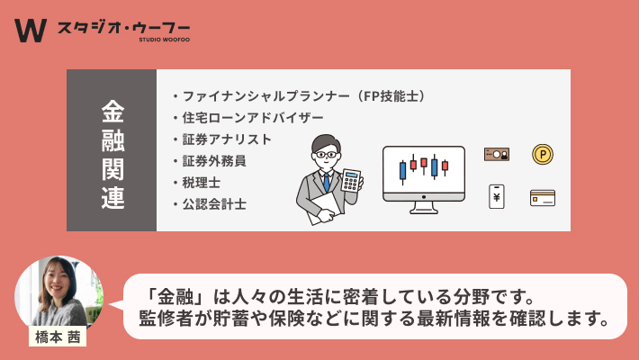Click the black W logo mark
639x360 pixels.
point(31,31)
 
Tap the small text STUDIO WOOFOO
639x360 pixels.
point(164,40)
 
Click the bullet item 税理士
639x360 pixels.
point(201,183)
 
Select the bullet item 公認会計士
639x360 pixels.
point(214,204)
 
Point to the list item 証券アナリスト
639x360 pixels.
point(227,139)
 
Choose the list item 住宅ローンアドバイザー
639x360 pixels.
point(253,118)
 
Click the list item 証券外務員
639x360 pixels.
point(214,161)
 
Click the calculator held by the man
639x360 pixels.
point(351,180)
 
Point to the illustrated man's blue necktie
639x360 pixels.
point(327,182)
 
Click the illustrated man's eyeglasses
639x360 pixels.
point(326,155)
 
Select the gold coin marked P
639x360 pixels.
point(543,155)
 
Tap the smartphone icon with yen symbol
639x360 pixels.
point(497,196)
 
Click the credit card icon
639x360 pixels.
point(543,198)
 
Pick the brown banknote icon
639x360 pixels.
point(497,155)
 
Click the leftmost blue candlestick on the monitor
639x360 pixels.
point(402,170)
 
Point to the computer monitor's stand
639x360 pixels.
point(424,208)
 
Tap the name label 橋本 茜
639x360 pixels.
point(58,337)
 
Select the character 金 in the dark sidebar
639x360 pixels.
point(112,112)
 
